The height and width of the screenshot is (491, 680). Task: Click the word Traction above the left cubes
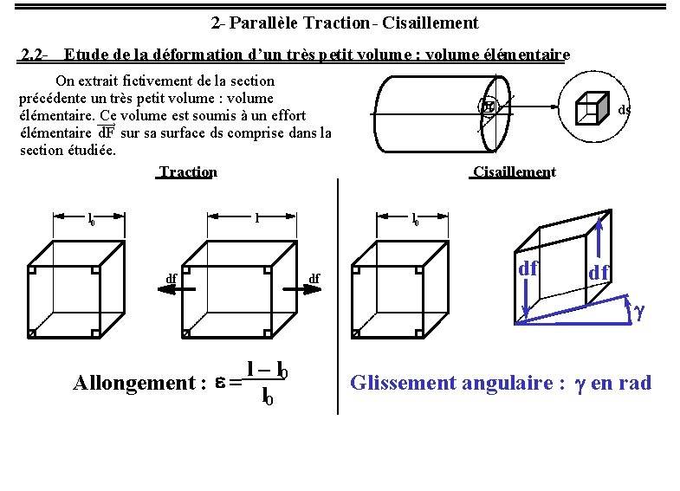(188, 172)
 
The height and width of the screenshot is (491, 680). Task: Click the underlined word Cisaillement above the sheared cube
(514, 172)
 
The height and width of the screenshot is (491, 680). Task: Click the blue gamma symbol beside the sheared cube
(639, 308)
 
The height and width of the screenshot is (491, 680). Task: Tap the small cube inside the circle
(591, 107)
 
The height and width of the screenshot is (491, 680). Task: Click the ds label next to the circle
(625, 109)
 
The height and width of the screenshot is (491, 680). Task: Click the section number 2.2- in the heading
(35, 55)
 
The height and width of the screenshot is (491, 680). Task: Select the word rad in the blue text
(635, 384)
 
